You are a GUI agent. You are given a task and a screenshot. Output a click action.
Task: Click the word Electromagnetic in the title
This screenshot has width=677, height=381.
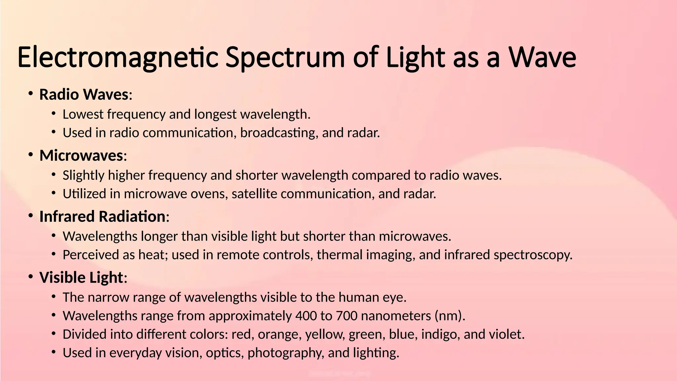click(x=117, y=58)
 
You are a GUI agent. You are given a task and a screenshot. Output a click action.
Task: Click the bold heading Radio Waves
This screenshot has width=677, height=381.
click(x=84, y=95)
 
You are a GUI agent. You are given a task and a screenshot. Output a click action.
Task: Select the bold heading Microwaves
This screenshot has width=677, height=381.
click(x=81, y=155)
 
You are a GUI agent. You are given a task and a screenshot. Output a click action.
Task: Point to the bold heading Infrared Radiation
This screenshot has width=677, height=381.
click(x=102, y=217)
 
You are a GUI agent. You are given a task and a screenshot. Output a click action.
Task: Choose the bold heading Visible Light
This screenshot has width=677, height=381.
click(x=81, y=277)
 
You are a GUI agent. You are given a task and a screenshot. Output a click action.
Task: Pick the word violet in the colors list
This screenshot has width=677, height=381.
click(x=506, y=334)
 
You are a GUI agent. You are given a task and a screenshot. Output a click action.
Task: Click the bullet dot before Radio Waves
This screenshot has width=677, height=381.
click(x=31, y=94)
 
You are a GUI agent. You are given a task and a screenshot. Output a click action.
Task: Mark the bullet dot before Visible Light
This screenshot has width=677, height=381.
click(x=31, y=277)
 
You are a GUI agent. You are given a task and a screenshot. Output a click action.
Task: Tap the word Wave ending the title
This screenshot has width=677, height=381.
click(x=542, y=58)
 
